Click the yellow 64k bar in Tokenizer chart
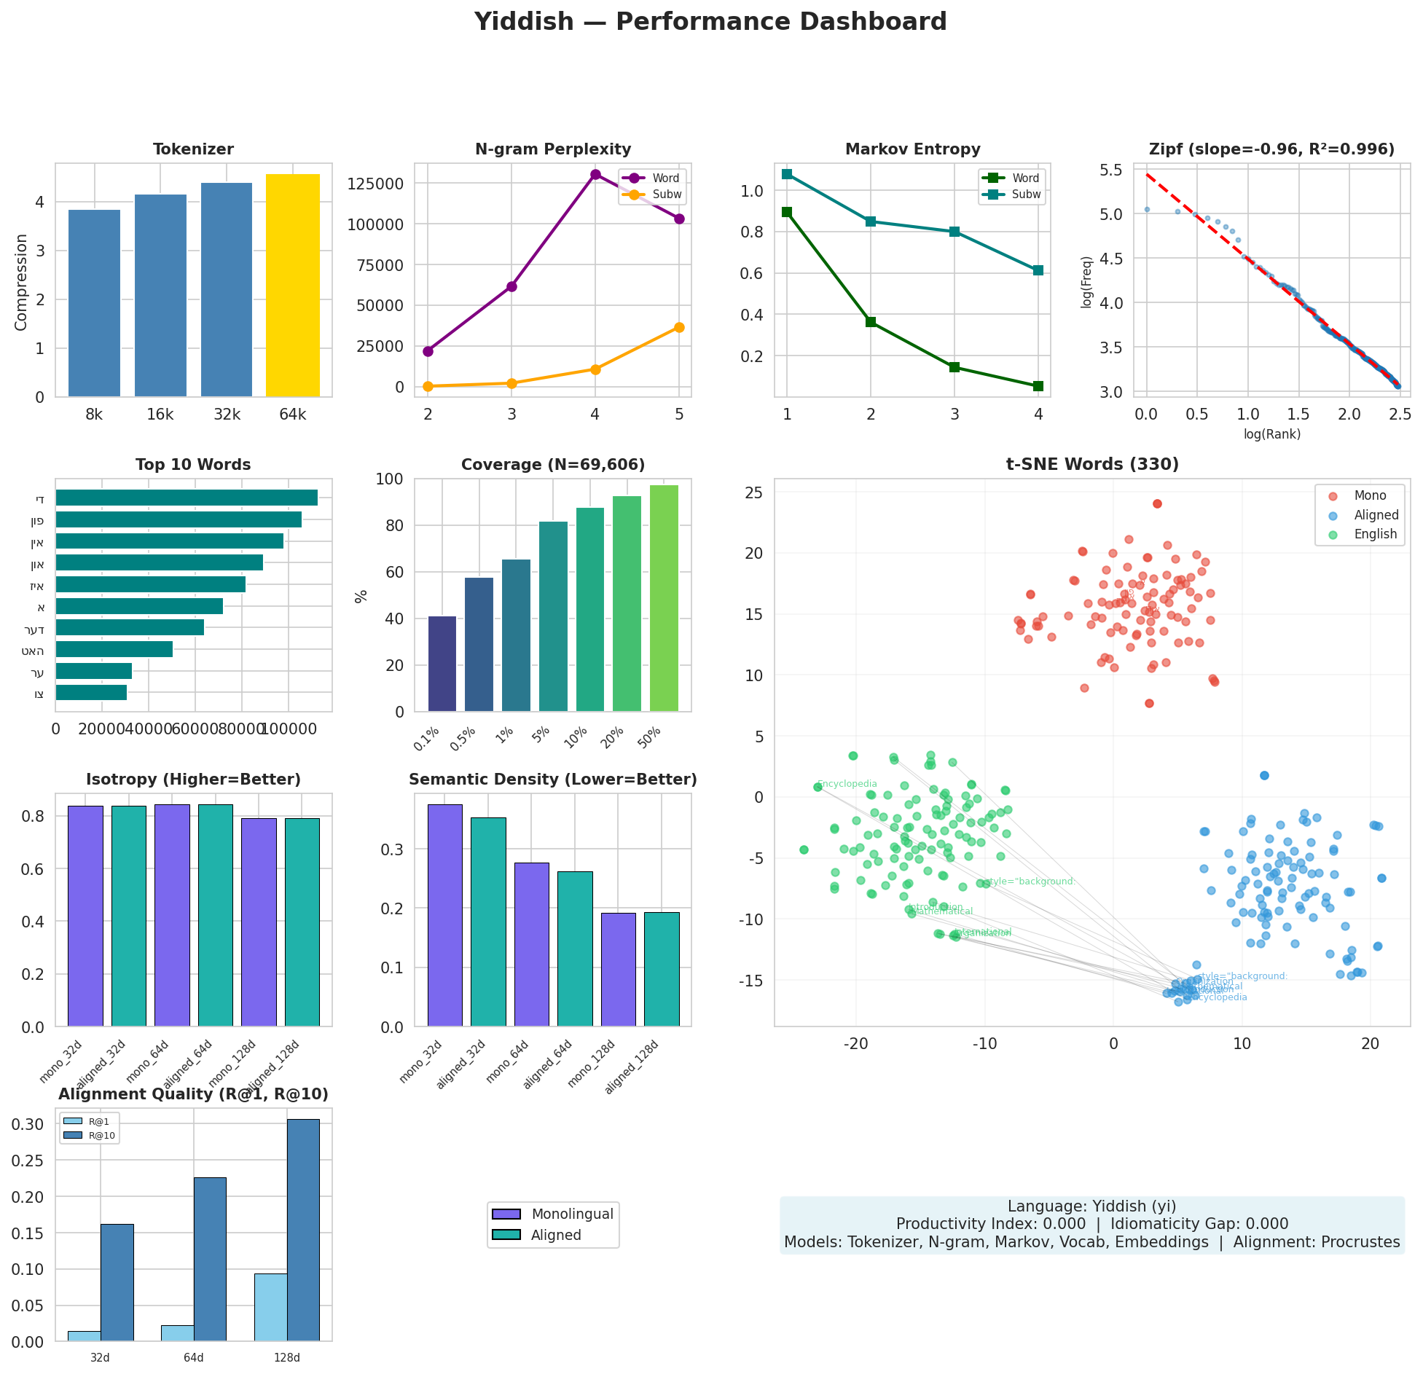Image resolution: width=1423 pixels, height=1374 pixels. click(x=292, y=285)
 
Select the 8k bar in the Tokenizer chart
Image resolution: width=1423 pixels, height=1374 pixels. click(x=94, y=303)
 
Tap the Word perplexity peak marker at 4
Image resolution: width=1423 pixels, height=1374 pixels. click(x=595, y=174)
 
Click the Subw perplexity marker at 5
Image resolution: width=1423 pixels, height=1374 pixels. click(x=679, y=327)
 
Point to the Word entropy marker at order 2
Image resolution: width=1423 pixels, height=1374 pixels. click(x=871, y=322)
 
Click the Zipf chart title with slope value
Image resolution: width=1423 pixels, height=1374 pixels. click(x=1271, y=149)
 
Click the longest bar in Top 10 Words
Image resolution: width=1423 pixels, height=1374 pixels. click(x=187, y=498)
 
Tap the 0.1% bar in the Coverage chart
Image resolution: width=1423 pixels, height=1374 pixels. click(x=442, y=664)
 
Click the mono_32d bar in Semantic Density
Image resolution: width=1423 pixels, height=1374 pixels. click(x=444, y=915)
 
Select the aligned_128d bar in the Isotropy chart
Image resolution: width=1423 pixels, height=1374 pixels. click(x=302, y=922)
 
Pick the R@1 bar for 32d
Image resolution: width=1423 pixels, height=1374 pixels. click(x=85, y=1336)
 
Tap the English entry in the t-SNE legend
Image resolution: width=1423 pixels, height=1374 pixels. click(x=1375, y=534)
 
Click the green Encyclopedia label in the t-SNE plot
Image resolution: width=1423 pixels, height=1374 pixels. click(x=847, y=784)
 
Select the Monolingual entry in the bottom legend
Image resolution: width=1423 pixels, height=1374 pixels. click(x=572, y=1214)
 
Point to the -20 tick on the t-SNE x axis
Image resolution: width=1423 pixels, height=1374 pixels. click(x=856, y=1043)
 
